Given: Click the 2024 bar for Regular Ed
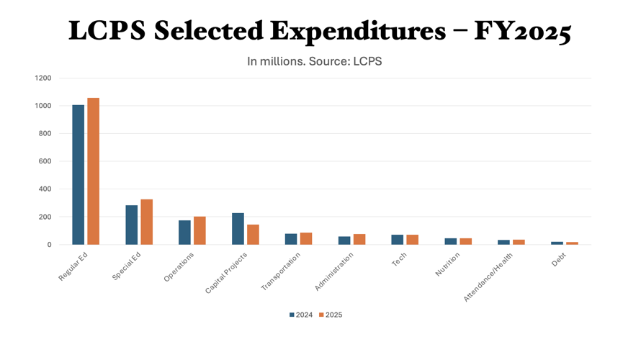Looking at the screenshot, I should pyautogui.click(x=79, y=175).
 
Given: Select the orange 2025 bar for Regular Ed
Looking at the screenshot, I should pyautogui.click(x=93, y=171).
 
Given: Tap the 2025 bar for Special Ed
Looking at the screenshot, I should pyautogui.click(x=146, y=222).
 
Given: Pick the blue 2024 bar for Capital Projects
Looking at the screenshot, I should pyautogui.click(x=238, y=229).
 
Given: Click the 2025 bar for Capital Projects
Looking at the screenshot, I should pyautogui.click(x=253, y=235).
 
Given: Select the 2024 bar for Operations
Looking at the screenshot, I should pyautogui.click(x=184, y=233).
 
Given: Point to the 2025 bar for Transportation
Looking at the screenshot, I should pyautogui.click(x=306, y=238).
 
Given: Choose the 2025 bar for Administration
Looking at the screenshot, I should pyautogui.click(x=359, y=239).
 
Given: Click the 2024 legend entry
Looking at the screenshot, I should pyautogui.click(x=301, y=315).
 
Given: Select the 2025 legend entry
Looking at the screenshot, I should pyautogui.click(x=331, y=315).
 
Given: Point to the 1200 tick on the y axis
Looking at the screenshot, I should pyautogui.click(x=43, y=78).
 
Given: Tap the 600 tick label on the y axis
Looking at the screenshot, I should pyautogui.click(x=45, y=161).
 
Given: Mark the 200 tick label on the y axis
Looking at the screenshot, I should pyautogui.click(x=45, y=217).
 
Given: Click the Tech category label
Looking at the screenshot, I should pyautogui.click(x=400, y=261).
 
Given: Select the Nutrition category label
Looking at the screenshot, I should pyautogui.click(x=448, y=264).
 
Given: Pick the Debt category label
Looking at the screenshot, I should pyautogui.click(x=559, y=260).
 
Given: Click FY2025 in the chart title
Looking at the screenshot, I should pyautogui.click(x=522, y=31).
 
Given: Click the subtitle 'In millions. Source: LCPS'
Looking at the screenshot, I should pyautogui.click(x=314, y=61).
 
